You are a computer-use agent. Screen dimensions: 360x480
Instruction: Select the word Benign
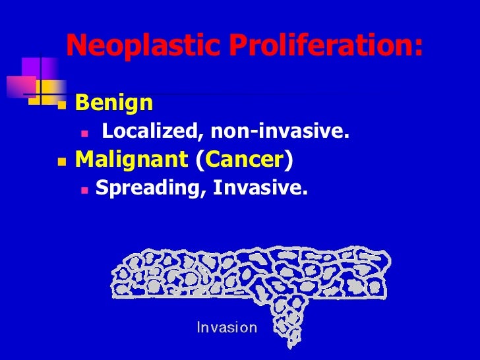[x=114, y=103]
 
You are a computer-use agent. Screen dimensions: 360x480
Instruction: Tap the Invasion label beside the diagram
[x=227, y=327]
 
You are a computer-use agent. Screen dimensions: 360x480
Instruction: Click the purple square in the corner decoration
[x=31, y=67]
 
